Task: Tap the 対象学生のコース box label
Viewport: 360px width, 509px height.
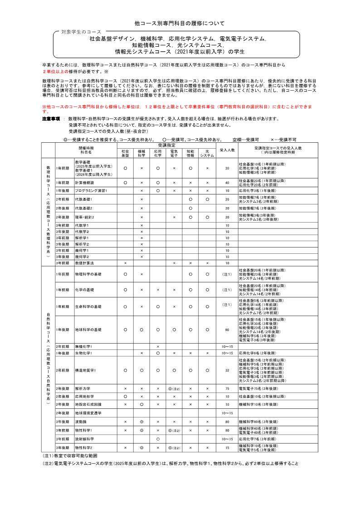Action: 81,32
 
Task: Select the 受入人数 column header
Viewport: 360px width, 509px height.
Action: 227,150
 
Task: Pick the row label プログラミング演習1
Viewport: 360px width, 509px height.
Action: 91,191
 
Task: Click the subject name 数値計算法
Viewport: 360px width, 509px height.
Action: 84,263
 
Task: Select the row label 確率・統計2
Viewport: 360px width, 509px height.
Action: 85,217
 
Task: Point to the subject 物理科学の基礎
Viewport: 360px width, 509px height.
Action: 88,274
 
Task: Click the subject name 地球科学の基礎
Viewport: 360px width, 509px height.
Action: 88,330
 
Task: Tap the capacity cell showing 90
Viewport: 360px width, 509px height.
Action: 227,330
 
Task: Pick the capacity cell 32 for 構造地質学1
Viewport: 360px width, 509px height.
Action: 227,370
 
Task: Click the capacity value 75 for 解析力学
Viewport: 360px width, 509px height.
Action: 227,388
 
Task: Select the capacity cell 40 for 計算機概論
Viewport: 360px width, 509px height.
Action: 227,182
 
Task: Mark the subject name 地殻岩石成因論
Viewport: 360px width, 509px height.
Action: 88,404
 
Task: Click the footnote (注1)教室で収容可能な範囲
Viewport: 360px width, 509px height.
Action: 70,455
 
